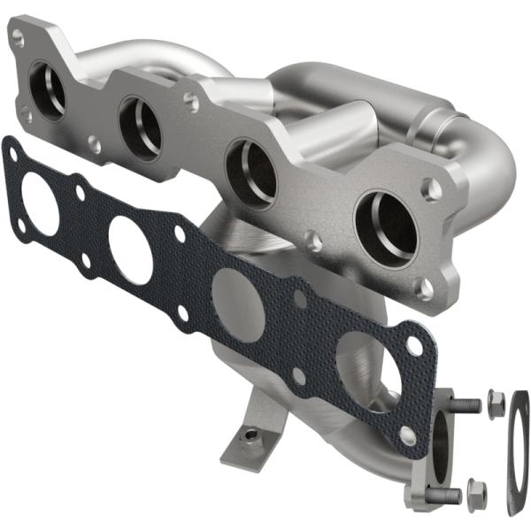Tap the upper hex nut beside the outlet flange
point(496,400)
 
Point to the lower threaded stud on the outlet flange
point(448,493)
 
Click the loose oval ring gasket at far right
point(519,451)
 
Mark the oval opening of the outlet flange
point(439,447)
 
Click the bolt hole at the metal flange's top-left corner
point(17,35)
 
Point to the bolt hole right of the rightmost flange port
point(431,188)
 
